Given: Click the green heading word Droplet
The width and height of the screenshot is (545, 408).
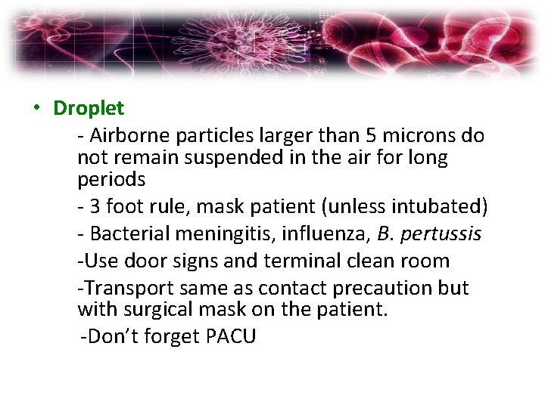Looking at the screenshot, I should coord(89,108).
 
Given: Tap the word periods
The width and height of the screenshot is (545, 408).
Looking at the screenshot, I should coord(111,180).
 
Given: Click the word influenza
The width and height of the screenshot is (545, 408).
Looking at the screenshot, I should coord(323,234).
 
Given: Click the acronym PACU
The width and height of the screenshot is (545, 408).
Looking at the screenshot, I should coord(231,336).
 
